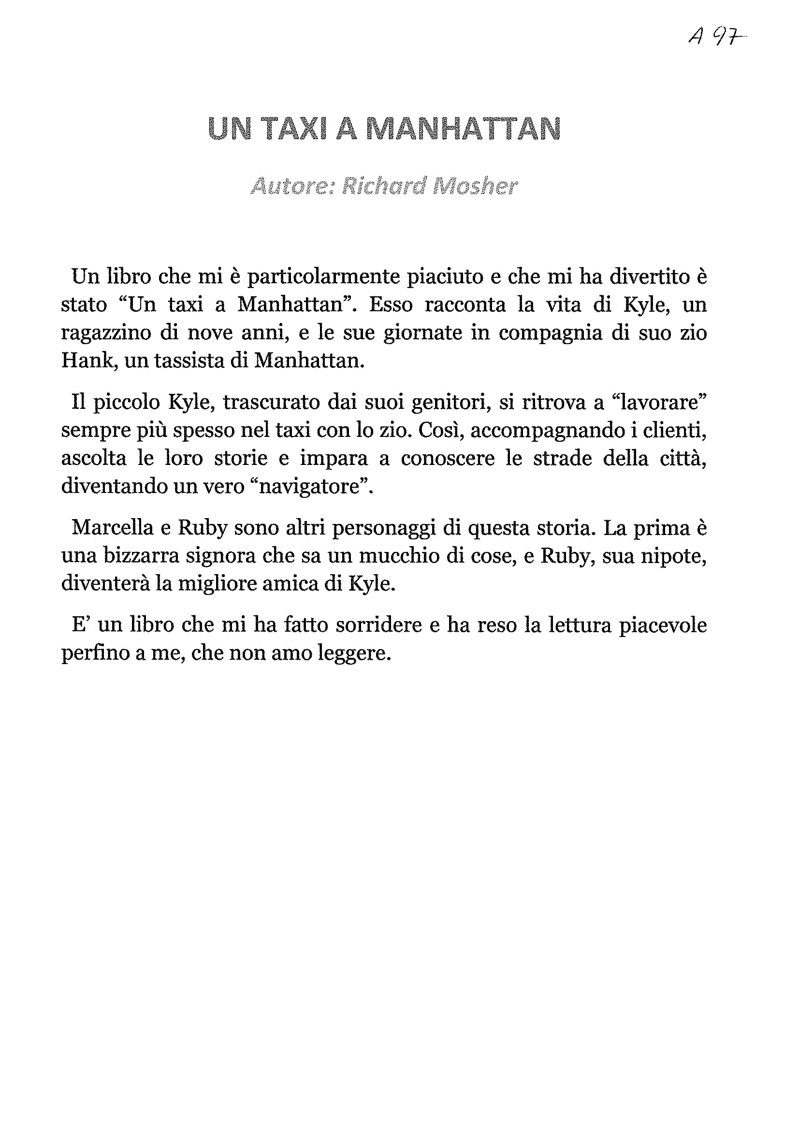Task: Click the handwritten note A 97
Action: tap(717, 36)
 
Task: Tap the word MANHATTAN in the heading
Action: tap(464, 129)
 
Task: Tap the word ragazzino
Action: tap(106, 333)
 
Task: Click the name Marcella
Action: tap(113, 528)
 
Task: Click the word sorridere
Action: tap(378, 625)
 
